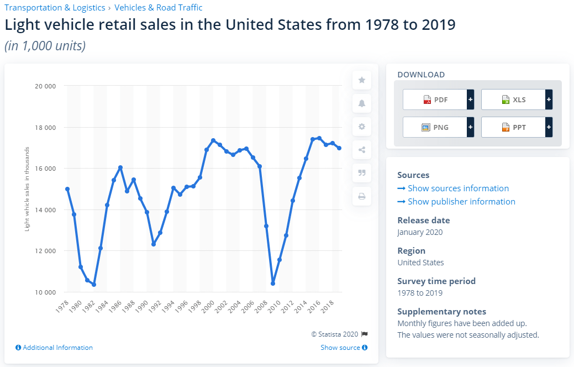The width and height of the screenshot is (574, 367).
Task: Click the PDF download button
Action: point(435,100)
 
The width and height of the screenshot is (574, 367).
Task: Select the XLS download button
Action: point(514,100)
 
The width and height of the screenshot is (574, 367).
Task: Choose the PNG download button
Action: point(435,127)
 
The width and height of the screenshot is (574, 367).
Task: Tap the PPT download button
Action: point(514,127)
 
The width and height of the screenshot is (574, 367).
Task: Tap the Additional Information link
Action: point(54,348)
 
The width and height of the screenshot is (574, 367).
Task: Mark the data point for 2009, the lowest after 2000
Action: point(273,284)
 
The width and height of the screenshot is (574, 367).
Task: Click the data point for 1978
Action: point(67,189)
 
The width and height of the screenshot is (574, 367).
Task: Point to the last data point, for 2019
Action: point(339,148)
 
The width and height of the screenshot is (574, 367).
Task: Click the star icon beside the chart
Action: point(362,80)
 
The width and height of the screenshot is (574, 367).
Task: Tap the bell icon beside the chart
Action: point(362,103)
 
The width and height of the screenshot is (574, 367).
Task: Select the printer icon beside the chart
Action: point(362,196)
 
